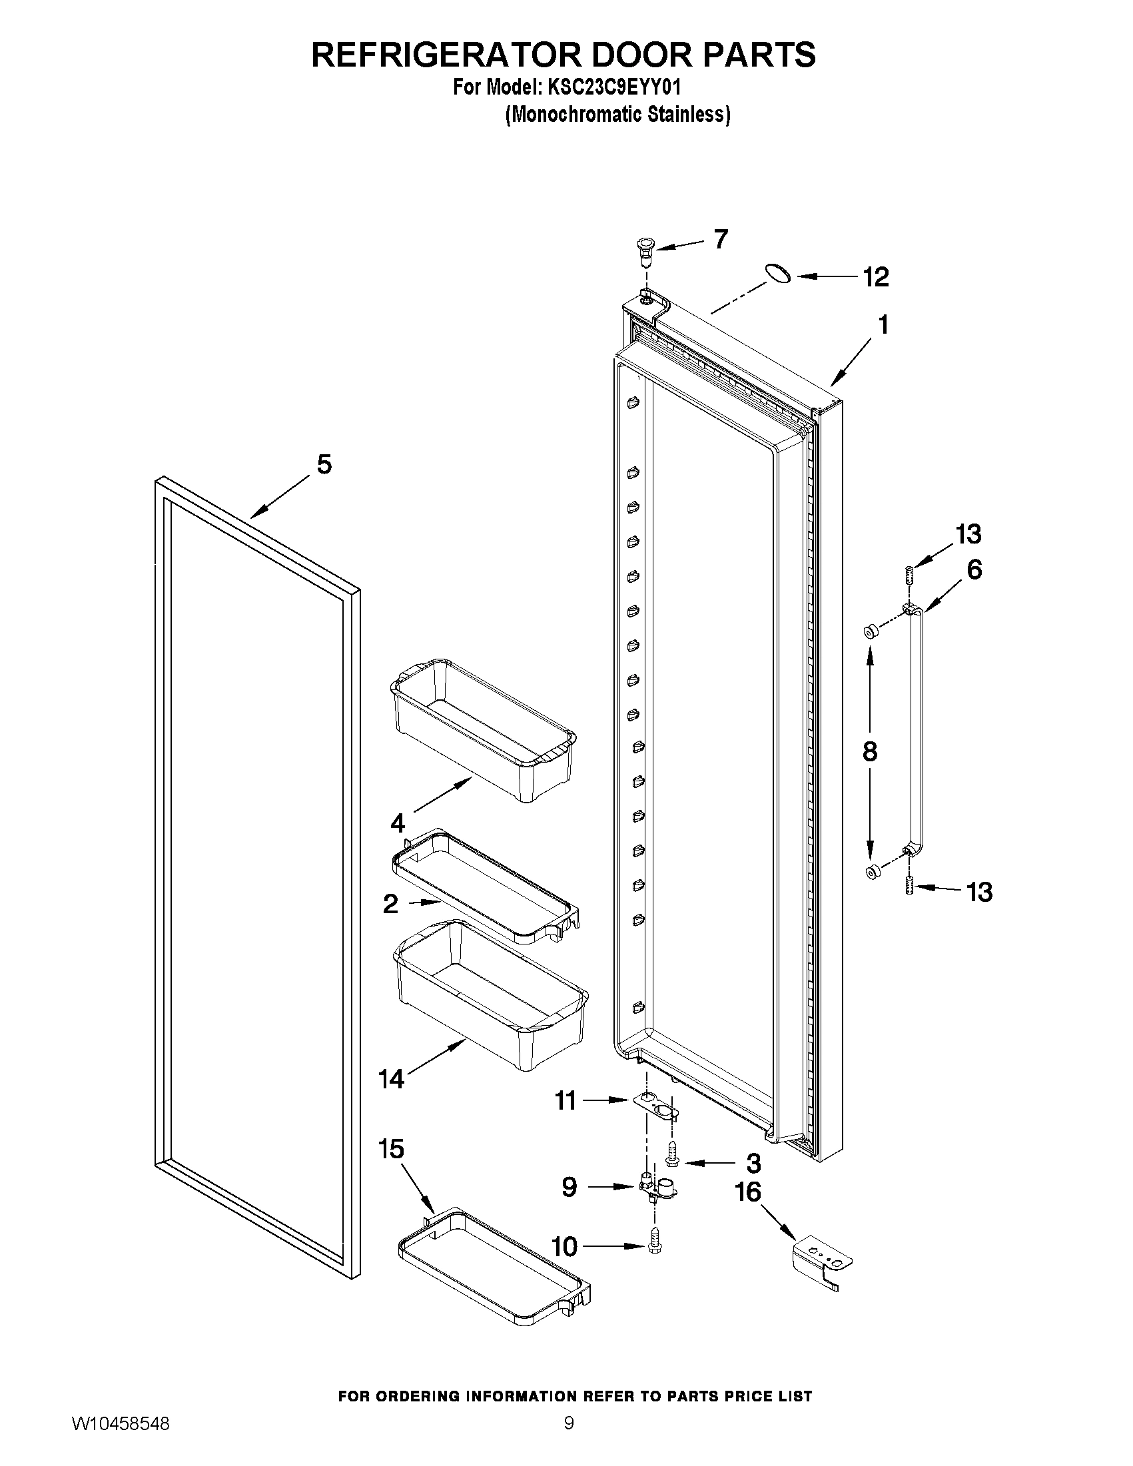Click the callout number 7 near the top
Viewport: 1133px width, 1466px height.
(x=720, y=239)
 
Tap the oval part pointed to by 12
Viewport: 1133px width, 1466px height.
(x=778, y=274)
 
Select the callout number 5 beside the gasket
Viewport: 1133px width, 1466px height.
(x=324, y=464)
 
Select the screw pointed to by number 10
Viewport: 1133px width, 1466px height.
(x=654, y=1247)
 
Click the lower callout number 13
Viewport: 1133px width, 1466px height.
(x=979, y=892)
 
